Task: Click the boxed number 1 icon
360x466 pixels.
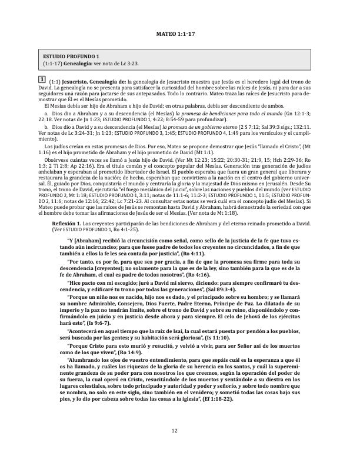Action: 41,79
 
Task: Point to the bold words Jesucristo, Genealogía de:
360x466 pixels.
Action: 96,80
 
